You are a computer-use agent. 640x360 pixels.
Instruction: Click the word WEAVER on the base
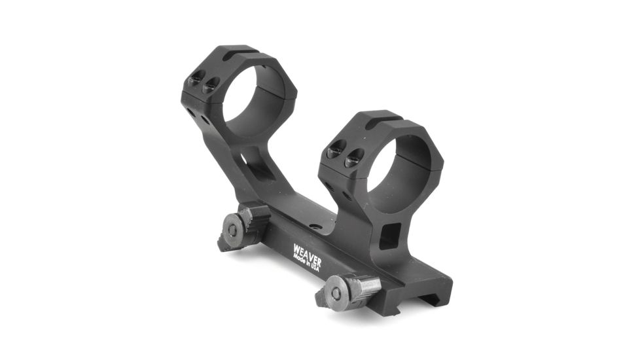point(306,250)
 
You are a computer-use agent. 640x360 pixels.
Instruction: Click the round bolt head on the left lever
point(233,229)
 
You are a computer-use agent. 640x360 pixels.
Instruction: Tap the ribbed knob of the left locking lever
point(256,217)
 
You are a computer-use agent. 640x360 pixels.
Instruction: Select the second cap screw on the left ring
point(210,85)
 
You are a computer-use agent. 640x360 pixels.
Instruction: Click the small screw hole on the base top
point(315,226)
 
